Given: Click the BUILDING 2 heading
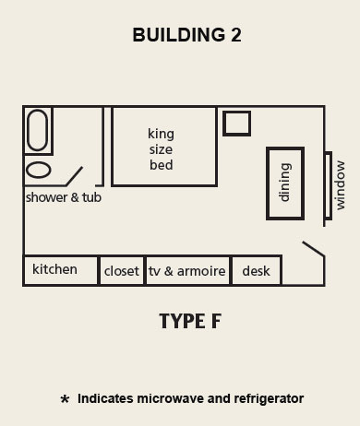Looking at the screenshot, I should click(x=180, y=35).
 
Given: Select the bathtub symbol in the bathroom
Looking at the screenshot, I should click(x=38, y=130).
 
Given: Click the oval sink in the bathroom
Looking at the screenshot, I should click(x=38, y=170).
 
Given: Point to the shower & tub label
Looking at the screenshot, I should click(x=63, y=197).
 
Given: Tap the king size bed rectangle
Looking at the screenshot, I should click(x=164, y=146).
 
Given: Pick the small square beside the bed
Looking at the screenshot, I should click(x=237, y=124).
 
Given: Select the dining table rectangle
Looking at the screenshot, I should click(x=284, y=182).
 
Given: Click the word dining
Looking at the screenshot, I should click(x=284, y=182).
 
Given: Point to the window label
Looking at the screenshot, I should click(x=340, y=184).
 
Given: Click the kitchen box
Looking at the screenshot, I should click(x=60, y=270).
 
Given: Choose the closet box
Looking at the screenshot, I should click(x=122, y=271).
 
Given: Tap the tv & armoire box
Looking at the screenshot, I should click(x=187, y=271).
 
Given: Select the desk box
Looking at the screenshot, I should click(x=256, y=271).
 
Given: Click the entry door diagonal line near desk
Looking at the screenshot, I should click(x=313, y=249).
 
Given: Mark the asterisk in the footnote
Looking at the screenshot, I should click(x=65, y=400).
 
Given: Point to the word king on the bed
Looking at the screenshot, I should click(x=161, y=133).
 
